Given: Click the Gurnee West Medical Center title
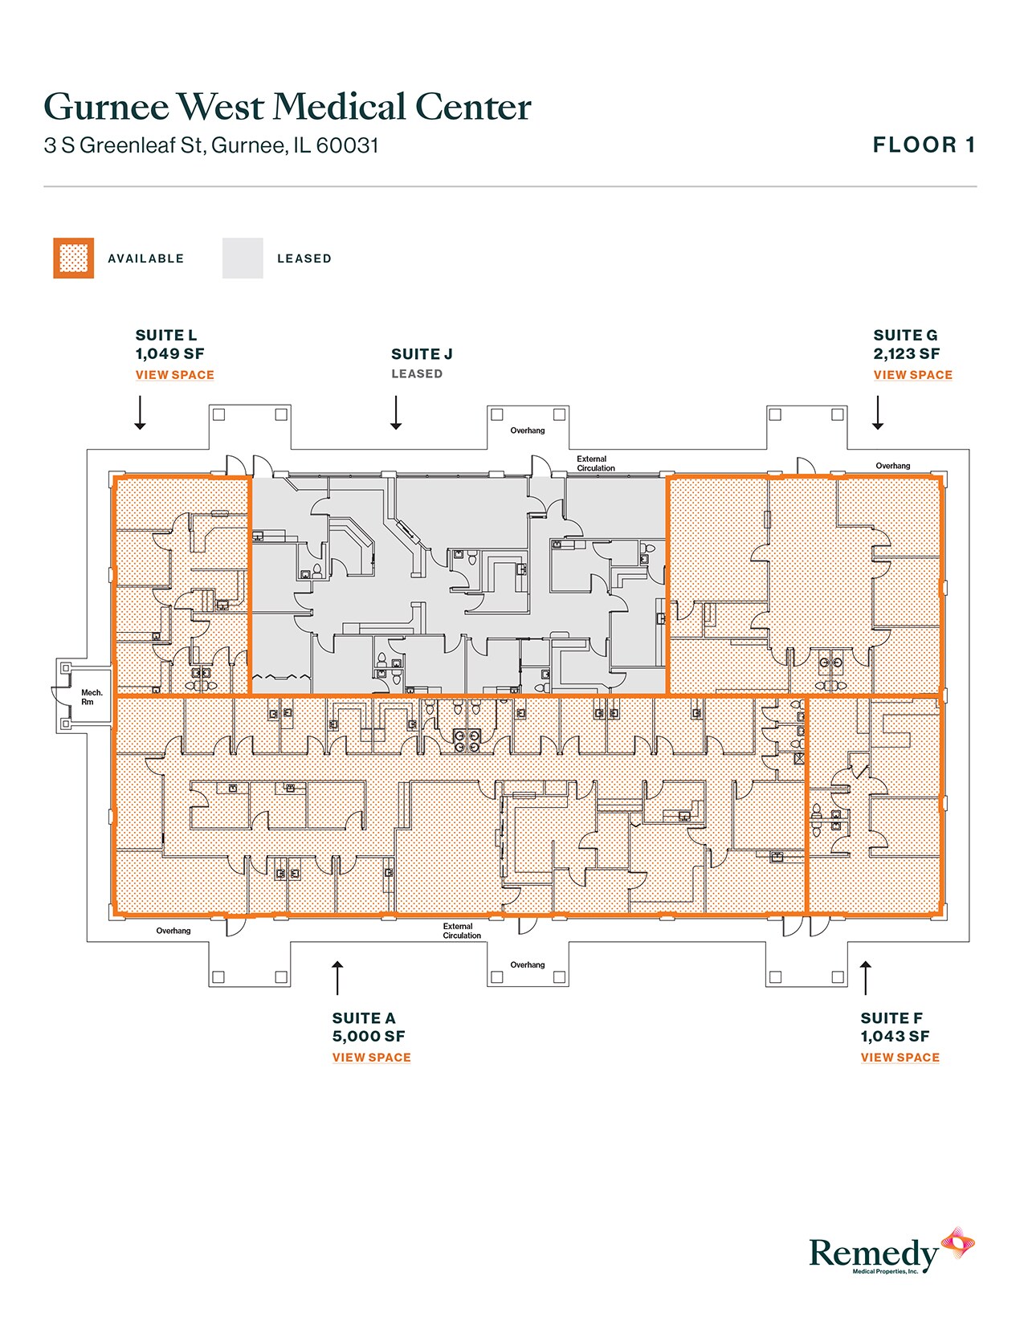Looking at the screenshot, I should (x=287, y=107).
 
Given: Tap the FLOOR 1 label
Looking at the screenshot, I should (x=924, y=145).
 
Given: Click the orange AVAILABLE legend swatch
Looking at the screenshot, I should (x=73, y=259).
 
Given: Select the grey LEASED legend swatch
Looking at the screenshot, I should (x=243, y=259).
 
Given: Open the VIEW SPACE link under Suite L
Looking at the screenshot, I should (x=174, y=375).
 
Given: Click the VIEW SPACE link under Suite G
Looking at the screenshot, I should (x=912, y=375).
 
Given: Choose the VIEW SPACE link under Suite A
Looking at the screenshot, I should (x=371, y=1058).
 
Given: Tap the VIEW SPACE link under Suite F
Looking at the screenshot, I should (x=900, y=1058).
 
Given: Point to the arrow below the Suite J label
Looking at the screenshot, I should (x=396, y=412).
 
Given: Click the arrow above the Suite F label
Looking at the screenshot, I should (x=865, y=977).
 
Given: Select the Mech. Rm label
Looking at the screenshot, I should (x=92, y=697).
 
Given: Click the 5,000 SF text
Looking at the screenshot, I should (x=369, y=1037).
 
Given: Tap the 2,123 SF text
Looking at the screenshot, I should (x=906, y=354).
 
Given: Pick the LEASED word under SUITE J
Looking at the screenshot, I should (x=417, y=374).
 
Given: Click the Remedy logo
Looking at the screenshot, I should (x=891, y=1253).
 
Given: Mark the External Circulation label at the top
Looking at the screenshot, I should (x=595, y=463).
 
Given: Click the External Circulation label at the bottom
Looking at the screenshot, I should (x=462, y=931).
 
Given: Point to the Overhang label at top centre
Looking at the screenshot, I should (x=528, y=431).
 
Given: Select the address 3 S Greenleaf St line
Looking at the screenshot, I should (x=211, y=145).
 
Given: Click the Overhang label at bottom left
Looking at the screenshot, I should (x=173, y=932).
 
